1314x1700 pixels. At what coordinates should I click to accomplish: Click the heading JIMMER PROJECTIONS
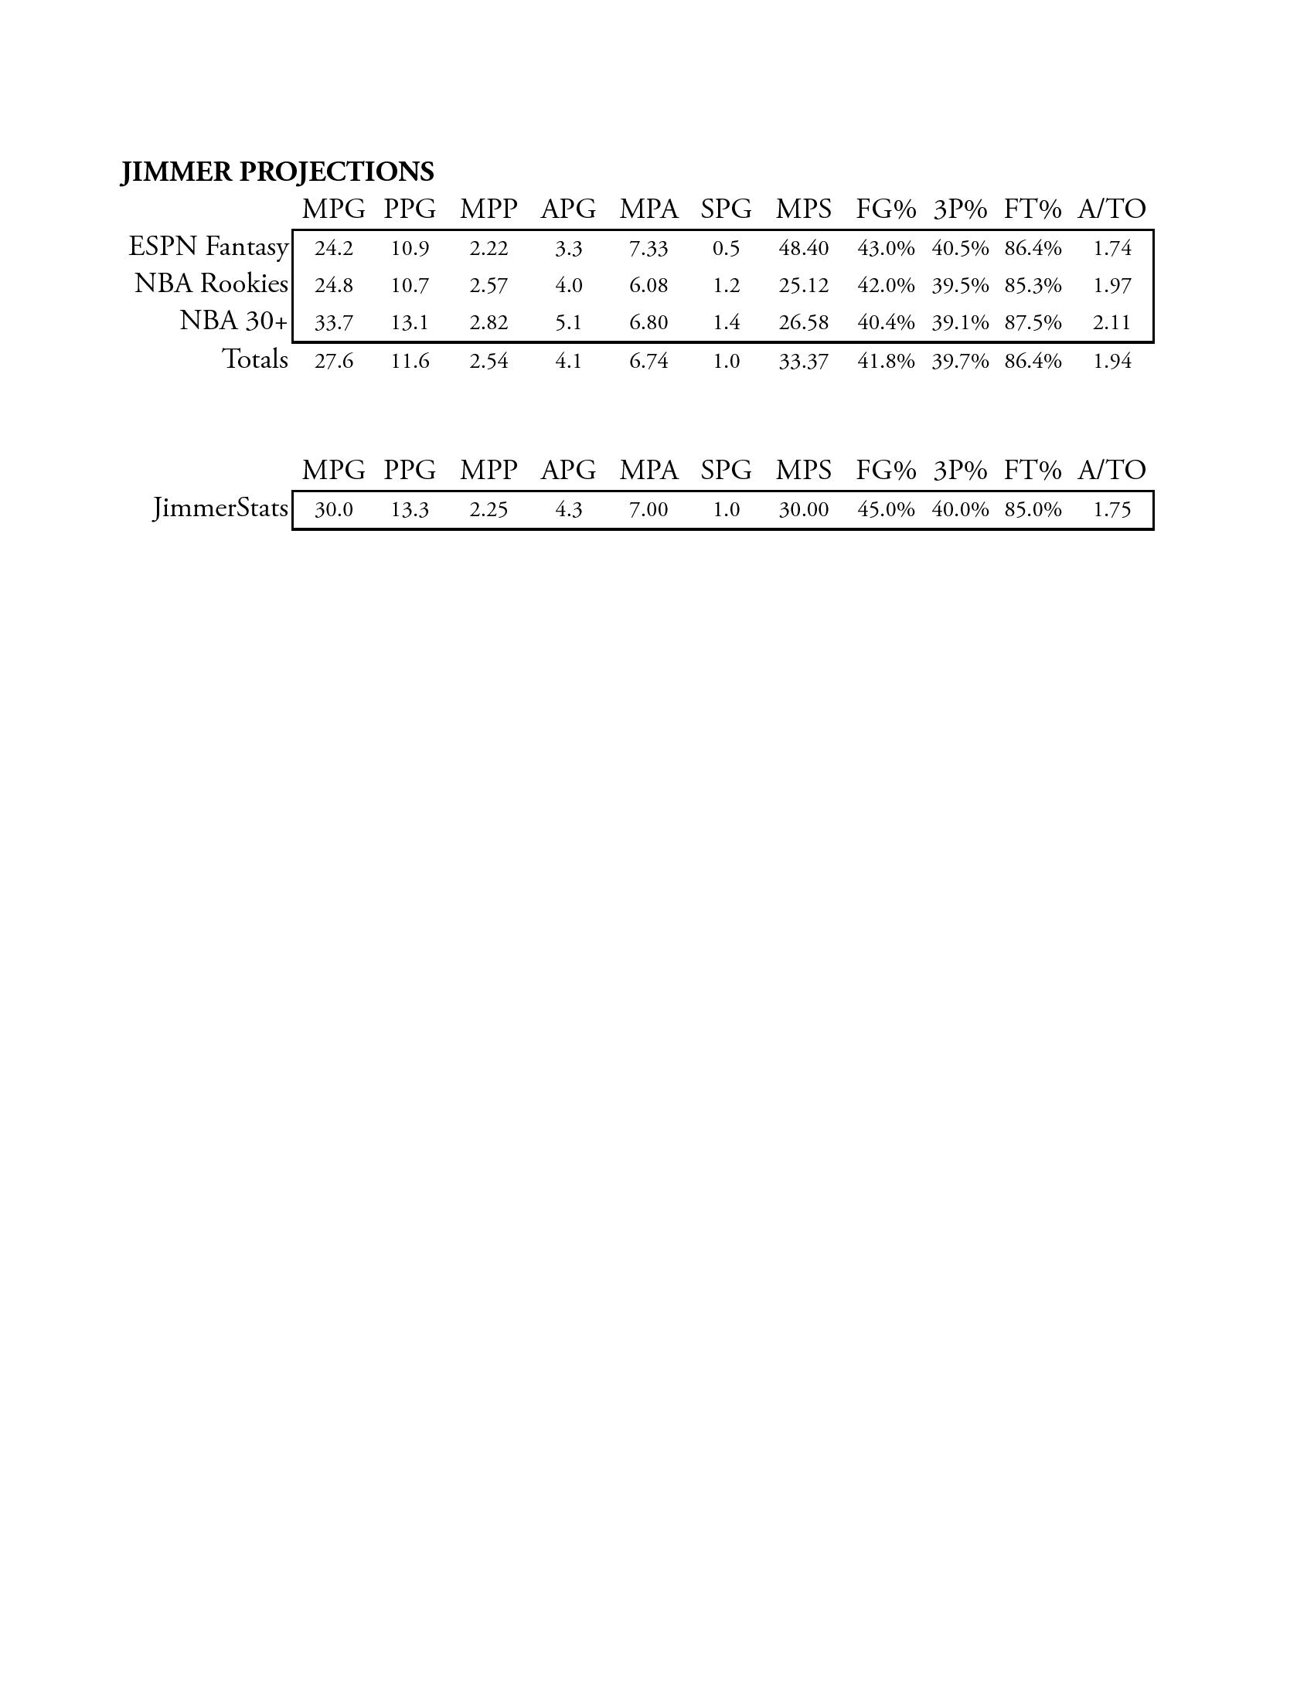[x=277, y=172]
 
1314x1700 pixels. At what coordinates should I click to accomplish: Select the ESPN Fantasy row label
[x=208, y=246]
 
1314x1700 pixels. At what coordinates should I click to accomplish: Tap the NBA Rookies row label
[x=211, y=284]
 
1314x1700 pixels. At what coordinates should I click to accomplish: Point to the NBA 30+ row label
[x=233, y=321]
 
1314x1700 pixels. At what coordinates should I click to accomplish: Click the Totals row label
[x=254, y=359]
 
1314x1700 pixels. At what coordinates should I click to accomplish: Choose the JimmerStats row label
[x=220, y=509]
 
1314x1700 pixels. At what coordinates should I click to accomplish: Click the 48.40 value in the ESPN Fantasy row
[x=803, y=249]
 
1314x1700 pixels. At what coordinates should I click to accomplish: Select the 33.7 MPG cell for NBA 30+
[x=334, y=323]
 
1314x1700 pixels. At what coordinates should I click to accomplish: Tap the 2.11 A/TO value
[x=1111, y=323]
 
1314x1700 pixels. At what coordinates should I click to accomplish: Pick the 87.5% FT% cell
[x=1033, y=323]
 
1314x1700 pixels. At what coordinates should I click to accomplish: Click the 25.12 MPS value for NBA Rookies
[x=803, y=286]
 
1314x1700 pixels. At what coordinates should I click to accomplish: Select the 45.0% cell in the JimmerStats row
[x=886, y=510]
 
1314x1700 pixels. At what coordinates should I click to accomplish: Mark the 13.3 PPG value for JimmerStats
[x=410, y=510]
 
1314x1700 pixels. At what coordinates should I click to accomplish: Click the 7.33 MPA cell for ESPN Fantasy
[x=648, y=249]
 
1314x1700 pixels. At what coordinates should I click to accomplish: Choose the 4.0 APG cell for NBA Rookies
[x=569, y=286]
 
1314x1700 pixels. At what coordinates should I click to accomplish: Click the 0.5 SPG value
[x=727, y=249]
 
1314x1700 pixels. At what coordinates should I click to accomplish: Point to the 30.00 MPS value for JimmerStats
[x=803, y=510]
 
